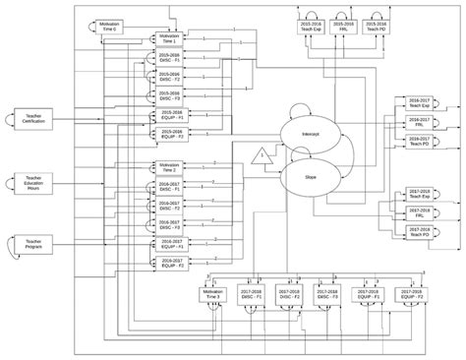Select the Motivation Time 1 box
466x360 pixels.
(x=168, y=39)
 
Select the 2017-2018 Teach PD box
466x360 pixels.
(x=420, y=233)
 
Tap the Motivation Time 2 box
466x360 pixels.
(x=168, y=166)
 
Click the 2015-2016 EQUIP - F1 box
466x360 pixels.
(x=168, y=115)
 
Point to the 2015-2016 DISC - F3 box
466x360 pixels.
(x=168, y=96)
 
